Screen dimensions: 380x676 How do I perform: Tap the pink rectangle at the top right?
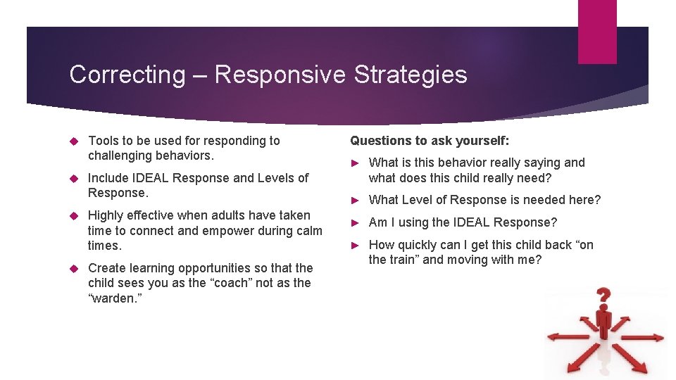tap(596, 32)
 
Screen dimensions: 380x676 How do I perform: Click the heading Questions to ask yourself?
tap(430, 141)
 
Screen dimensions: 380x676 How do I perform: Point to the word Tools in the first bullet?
tap(104, 141)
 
